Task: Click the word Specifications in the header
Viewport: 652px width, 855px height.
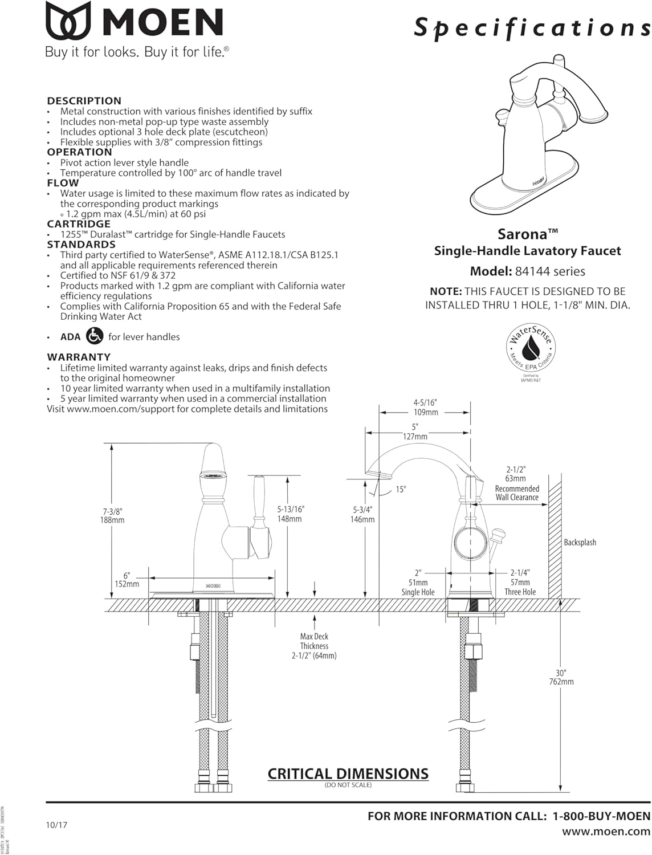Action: (532, 27)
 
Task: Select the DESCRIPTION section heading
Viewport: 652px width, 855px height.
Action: (84, 101)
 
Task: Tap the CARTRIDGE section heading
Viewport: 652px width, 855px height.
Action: (79, 224)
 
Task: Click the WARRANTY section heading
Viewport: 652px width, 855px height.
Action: (79, 357)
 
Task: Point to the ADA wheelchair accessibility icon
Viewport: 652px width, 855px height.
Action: (95, 336)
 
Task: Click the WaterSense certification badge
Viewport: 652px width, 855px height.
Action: (531, 348)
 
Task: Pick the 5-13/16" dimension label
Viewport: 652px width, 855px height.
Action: (291, 510)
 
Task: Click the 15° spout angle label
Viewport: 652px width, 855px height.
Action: (401, 490)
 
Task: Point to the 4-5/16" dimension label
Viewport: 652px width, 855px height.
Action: (425, 402)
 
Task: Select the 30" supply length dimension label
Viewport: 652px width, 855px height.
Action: (561, 673)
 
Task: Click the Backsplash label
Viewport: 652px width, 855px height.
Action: (580, 542)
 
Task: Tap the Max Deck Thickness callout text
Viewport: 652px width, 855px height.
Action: (314, 646)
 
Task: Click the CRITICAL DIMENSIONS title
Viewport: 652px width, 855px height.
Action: (348, 773)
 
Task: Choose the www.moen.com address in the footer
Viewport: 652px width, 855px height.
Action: (606, 832)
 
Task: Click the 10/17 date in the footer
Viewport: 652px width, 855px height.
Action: (56, 824)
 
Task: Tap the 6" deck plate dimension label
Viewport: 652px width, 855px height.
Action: (127, 576)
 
